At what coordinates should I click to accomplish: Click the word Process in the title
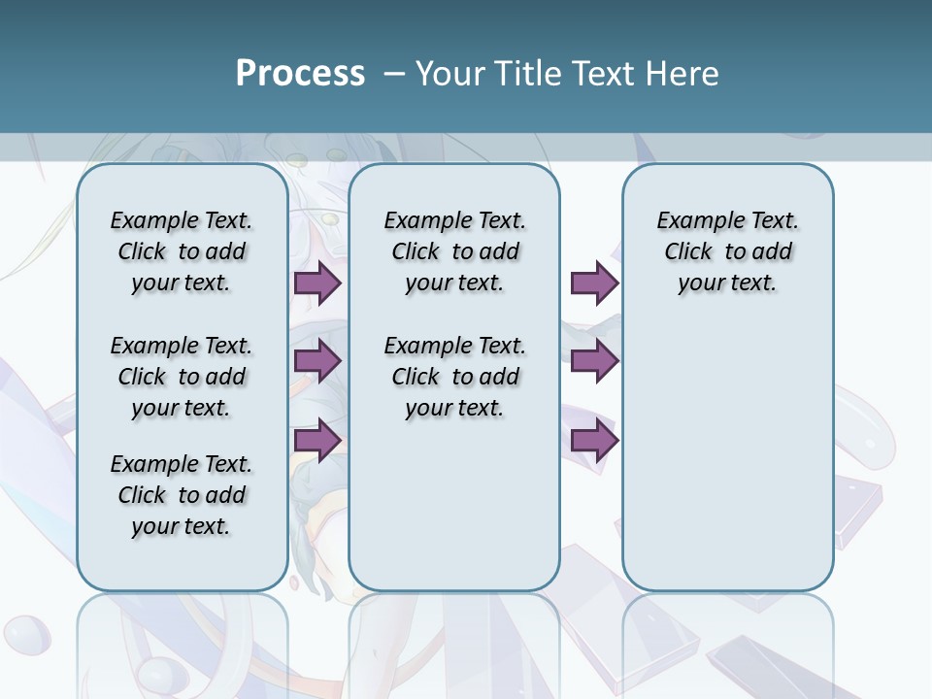pos(300,73)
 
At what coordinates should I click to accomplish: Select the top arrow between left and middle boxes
pos(317,283)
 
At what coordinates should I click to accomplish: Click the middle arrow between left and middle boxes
pos(317,361)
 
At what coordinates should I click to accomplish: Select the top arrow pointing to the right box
pos(594,283)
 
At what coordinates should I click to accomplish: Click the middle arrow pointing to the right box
pos(594,361)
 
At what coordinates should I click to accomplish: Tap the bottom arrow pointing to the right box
pos(594,441)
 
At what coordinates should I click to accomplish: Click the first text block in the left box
pos(182,251)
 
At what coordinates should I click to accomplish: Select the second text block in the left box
pos(182,377)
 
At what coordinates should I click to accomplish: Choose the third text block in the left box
pos(182,495)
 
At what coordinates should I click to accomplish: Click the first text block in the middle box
pos(455,251)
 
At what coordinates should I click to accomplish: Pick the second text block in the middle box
pos(455,377)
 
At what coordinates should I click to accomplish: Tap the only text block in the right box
pos(728,251)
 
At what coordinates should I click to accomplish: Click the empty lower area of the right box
pos(728,447)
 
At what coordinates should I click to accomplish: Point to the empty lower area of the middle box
pos(455,505)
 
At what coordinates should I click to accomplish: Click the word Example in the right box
pos(692,220)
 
